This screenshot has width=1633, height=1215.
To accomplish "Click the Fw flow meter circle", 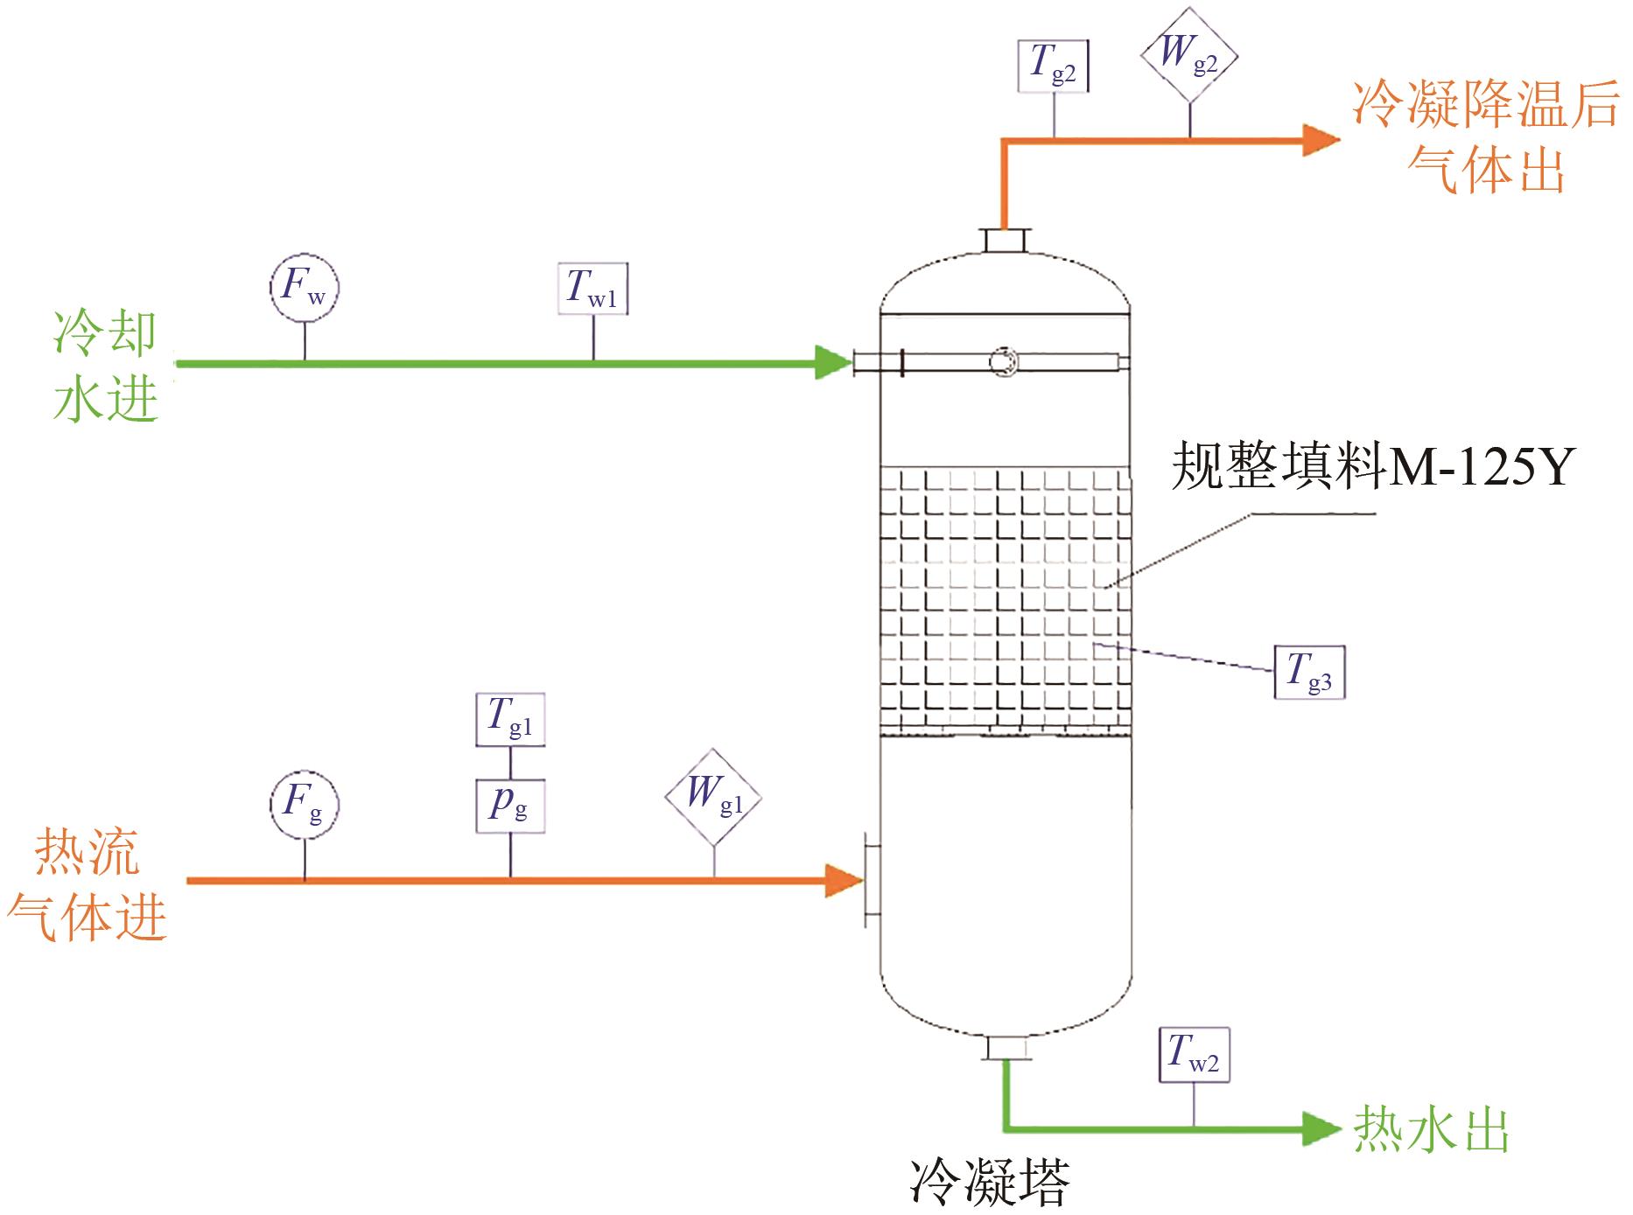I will coord(304,288).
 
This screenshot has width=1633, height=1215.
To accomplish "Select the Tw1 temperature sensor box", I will coord(593,289).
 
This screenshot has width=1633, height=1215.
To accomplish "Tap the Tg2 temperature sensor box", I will coord(1054,65).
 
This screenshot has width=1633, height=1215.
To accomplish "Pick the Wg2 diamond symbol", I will coord(1189,55).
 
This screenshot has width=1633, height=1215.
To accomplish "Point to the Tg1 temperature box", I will coord(510,720).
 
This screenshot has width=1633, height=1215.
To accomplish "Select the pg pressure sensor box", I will coord(510,805).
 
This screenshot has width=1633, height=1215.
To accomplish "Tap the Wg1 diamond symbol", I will coord(713,797).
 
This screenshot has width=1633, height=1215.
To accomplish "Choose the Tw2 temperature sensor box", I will coord(1195,1056).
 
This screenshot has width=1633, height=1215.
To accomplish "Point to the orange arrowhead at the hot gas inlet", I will coord(844,881).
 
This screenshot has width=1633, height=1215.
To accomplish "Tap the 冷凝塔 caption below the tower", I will coord(990,1183).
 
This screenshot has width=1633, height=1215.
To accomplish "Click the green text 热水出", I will coord(1432,1130).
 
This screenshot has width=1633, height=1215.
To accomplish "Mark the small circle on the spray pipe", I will coord(1002,361).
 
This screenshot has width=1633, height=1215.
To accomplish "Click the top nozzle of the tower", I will coord(1004,241).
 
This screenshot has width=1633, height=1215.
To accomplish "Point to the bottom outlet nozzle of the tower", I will coord(1004,1047).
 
